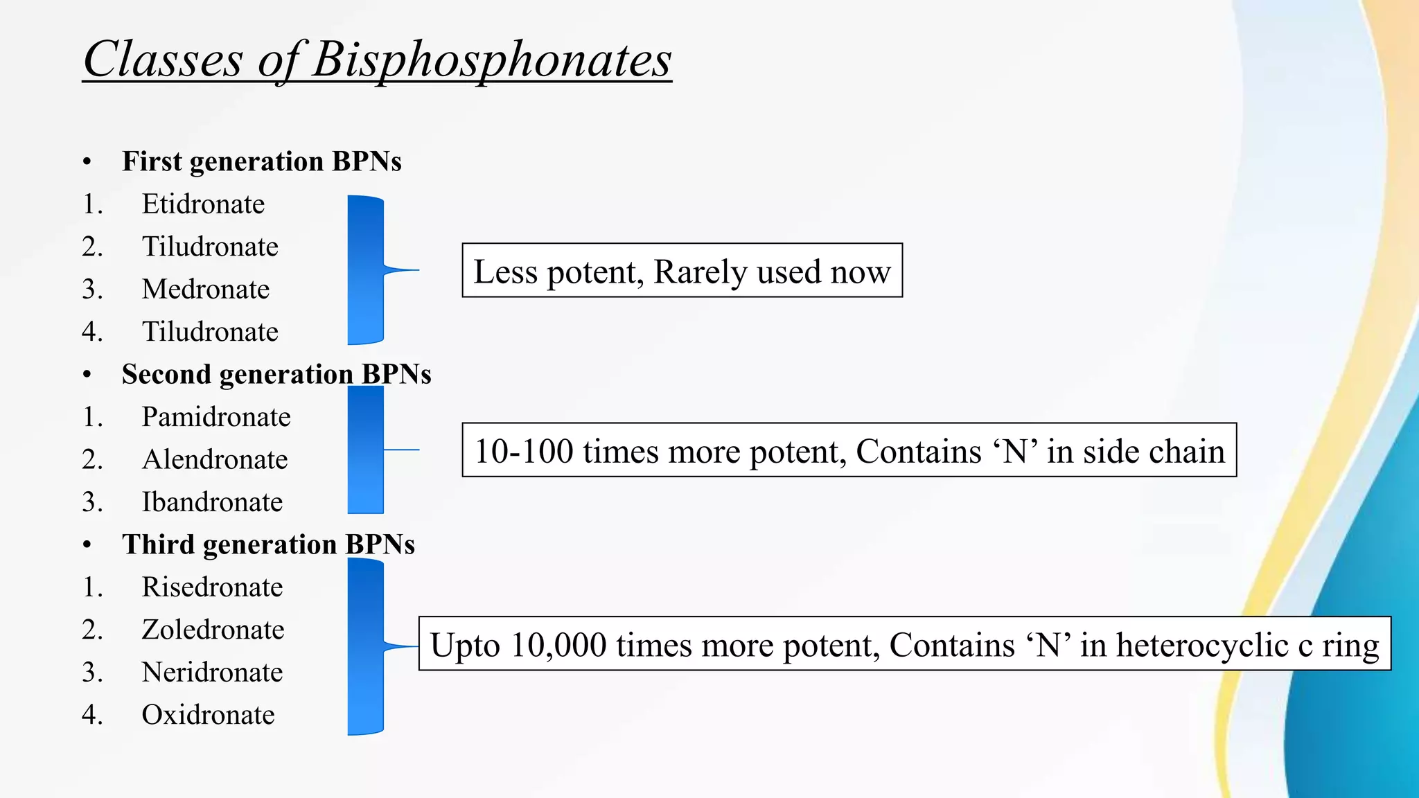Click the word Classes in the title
click(163, 60)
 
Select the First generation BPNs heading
click(261, 161)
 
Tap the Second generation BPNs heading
click(276, 374)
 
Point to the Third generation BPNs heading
click(268, 544)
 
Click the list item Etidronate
click(203, 204)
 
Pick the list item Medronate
click(206, 290)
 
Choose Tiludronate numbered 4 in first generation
click(210, 332)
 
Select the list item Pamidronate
click(216, 417)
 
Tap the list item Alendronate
click(215, 460)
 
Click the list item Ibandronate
click(212, 502)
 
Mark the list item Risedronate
click(212, 587)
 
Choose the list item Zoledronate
click(213, 630)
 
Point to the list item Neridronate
click(212, 673)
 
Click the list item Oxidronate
click(208, 715)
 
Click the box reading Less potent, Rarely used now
click(682, 271)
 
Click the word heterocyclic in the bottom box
click(1202, 646)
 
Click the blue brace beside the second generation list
click(366, 450)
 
